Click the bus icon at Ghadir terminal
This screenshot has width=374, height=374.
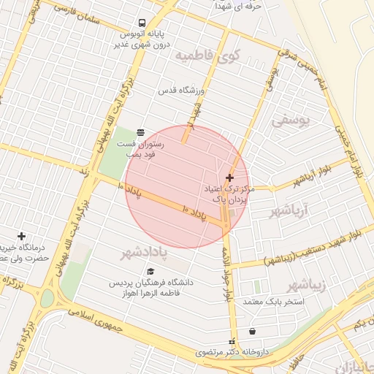(x=140, y=22)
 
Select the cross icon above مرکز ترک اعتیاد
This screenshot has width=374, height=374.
(x=230, y=178)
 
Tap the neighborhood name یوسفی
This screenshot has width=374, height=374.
(x=291, y=121)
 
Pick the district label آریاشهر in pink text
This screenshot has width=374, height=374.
(x=289, y=212)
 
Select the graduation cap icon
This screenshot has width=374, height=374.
(x=151, y=272)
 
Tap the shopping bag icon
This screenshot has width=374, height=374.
(x=253, y=331)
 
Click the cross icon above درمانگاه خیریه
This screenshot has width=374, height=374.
(x=22, y=236)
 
